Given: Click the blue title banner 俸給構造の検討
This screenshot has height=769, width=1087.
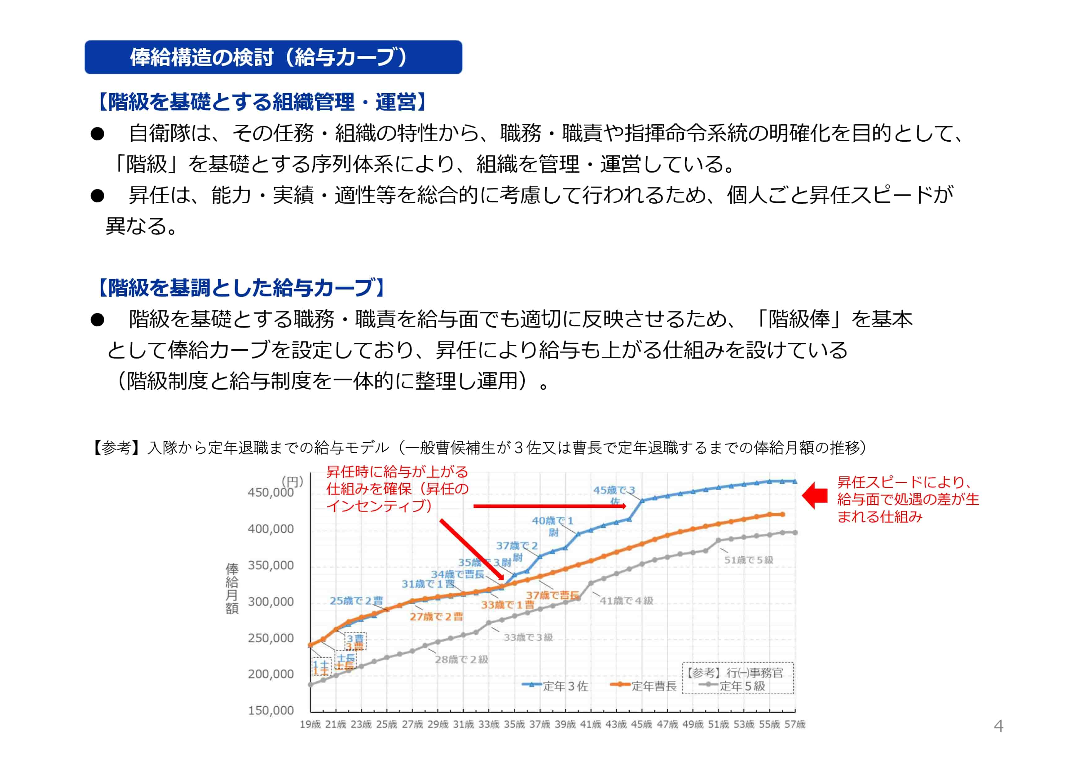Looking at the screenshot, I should click(x=273, y=57).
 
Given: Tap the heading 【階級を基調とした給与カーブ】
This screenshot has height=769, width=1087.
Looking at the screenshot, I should click(x=241, y=287).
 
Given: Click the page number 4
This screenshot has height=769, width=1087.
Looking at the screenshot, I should click(x=998, y=726).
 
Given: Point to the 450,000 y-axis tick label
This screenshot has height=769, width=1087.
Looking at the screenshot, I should click(x=270, y=493).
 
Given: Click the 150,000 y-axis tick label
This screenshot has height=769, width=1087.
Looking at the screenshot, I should click(x=270, y=710).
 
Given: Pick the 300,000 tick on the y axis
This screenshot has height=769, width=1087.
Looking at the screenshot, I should click(x=270, y=602).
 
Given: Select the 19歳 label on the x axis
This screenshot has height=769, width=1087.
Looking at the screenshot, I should click(x=310, y=724).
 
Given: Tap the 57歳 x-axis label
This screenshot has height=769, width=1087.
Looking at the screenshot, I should click(x=795, y=724).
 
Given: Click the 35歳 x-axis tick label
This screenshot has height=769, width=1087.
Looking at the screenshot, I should click(x=514, y=724).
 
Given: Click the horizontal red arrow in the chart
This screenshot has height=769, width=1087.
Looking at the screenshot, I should click(x=549, y=506).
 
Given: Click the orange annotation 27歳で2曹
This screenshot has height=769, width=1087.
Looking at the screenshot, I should click(x=436, y=617).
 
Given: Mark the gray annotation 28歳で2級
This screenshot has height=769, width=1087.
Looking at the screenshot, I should click(x=461, y=659).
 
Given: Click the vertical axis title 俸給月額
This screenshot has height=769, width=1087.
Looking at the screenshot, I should click(x=232, y=588).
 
